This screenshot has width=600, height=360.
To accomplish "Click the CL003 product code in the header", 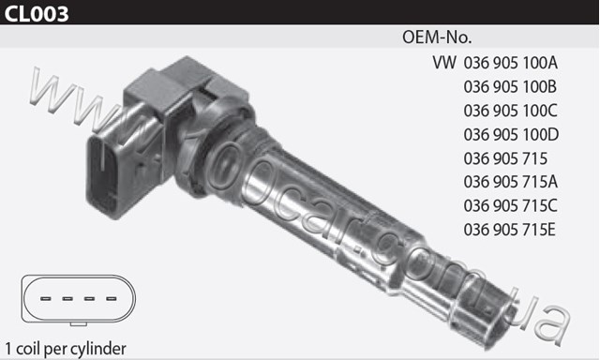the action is pyautogui.click(x=37, y=13).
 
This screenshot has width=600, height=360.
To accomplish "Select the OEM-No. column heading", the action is pyautogui.click(x=437, y=37).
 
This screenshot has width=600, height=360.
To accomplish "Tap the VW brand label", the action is pyautogui.click(x=444, y=63).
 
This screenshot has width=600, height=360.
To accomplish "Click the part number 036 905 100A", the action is pyautogui.click(x=510, y=63).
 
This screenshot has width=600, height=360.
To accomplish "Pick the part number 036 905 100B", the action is pyautogui.click(x=510, y=87).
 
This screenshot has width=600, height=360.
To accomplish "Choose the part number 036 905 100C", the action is pyautogui.click(x=510, y=111).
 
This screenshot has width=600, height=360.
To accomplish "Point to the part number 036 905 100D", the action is pyautogui.click(x=511, y=135).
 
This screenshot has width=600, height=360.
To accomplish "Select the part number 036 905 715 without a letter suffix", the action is pyautogui.click(x=505, y=158).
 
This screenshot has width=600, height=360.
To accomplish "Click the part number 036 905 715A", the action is pyautogui.click(x=510, y=182).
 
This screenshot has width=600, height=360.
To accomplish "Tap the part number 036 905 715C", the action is pyautogui.click(x=510, y=206).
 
